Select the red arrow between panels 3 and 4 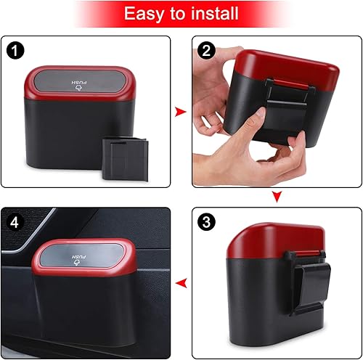pos(181,282)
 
